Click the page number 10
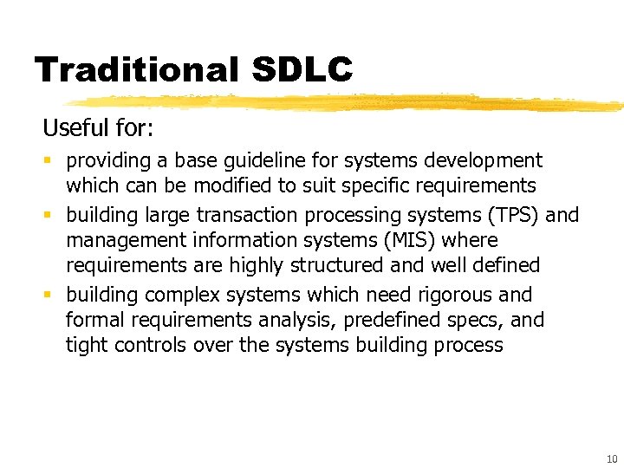(x=612, y=458)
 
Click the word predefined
(x=392, y=320)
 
